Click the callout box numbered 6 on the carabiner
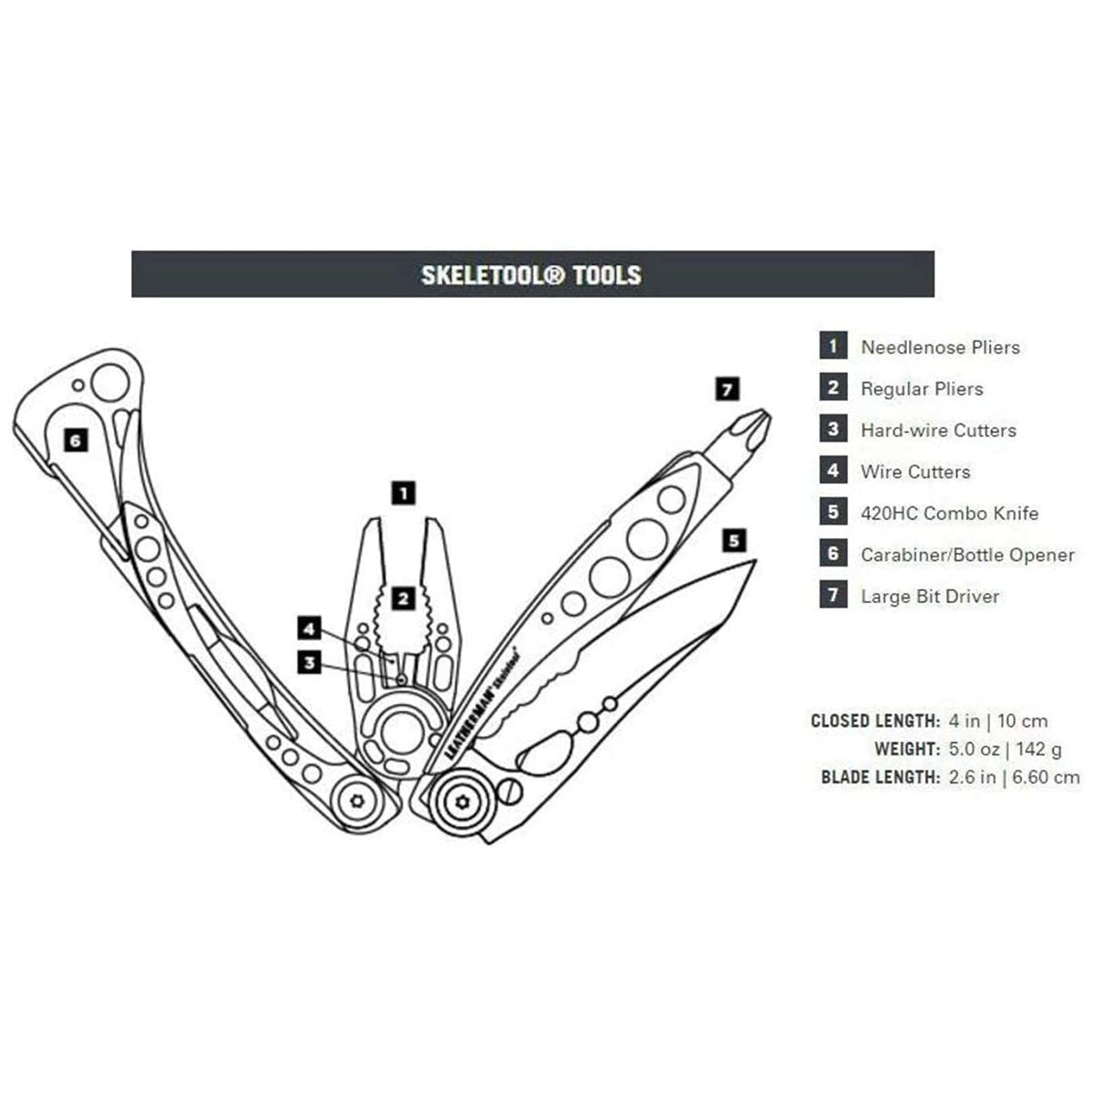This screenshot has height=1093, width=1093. [x=76, y=440]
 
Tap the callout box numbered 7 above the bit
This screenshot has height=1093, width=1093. [x=727, y=389]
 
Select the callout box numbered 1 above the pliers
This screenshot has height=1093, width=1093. [x=403, y=493]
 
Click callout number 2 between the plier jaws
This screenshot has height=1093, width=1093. [x=403, y=598]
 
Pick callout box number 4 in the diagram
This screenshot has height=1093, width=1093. [x=309, y=628]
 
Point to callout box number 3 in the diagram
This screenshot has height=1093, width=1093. [x=309, y=662]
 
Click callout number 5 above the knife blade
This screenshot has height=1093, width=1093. [x=734, y=540]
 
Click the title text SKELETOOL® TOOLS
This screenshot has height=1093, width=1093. [x=531, y=275]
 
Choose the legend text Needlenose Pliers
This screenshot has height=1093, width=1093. [x=940, y=347]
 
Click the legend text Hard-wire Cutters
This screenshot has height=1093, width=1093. [x=938, y=430]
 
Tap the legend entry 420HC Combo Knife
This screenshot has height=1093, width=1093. [x=949, y=514]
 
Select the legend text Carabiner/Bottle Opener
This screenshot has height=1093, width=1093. [x=967, y=555]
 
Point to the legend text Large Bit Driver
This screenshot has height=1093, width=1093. [x=930, y=596]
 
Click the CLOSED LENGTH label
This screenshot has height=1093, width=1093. [x=875, y=720]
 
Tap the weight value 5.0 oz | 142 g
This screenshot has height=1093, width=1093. [x=1005, y=750]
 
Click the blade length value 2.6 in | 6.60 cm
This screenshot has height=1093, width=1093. [x=1014, y=777]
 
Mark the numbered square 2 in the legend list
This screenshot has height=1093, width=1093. [x=833, y=387]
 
